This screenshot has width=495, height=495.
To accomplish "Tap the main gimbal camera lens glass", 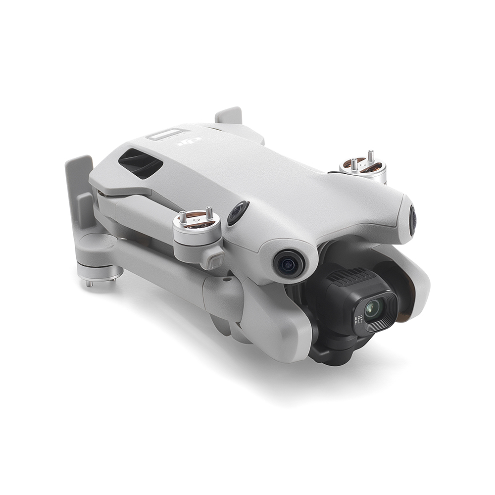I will [x=372, y=309].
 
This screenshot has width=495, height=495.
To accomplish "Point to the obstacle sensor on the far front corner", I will [x=412, y=220].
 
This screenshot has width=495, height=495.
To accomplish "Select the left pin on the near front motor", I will [x=183, y=216].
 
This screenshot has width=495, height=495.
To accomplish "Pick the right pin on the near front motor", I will [x=208, y=213].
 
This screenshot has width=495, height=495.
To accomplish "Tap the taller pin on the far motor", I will [x=369, y=155].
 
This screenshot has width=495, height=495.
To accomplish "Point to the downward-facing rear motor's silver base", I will [x=99, y=271].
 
